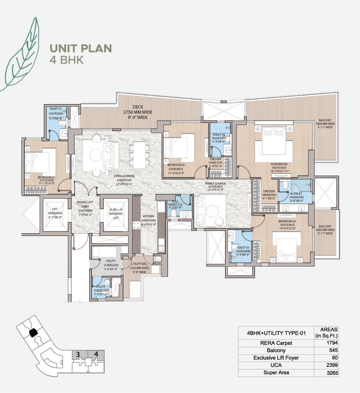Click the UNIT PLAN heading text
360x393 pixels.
pyautogui.click(x=81, y=48)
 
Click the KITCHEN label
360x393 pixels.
pyautogui.click(x=149, y=216)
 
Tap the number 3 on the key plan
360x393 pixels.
pyautogui.click(x=78, y=354)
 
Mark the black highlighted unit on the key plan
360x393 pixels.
pyautogui.click(x=32, y=333)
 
